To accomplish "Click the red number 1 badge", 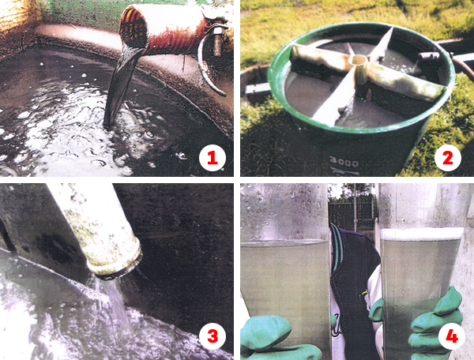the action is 213,158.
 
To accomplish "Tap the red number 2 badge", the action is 448,158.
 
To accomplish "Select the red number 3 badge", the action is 213,336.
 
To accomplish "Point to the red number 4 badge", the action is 452,336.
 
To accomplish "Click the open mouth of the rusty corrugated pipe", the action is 134,28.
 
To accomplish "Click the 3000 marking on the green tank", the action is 344,163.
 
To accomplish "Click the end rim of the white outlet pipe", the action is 117,262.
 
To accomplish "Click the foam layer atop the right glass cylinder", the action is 422,234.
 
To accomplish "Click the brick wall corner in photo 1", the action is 17,21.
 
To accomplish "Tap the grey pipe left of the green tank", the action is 257,88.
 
